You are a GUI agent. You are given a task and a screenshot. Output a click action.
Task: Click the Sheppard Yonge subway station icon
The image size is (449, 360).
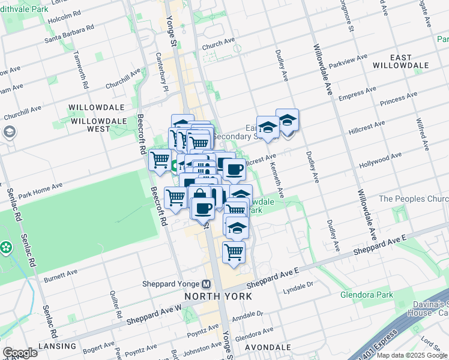(206, 284)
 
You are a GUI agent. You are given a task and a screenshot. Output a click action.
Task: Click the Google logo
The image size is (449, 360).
(20, 353)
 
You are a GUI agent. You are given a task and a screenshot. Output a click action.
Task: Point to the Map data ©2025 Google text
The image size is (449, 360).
(411, 355)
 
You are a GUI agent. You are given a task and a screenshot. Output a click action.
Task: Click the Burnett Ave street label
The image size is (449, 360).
(61, 277)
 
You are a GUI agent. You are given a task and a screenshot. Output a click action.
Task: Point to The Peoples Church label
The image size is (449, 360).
(414, 199)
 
